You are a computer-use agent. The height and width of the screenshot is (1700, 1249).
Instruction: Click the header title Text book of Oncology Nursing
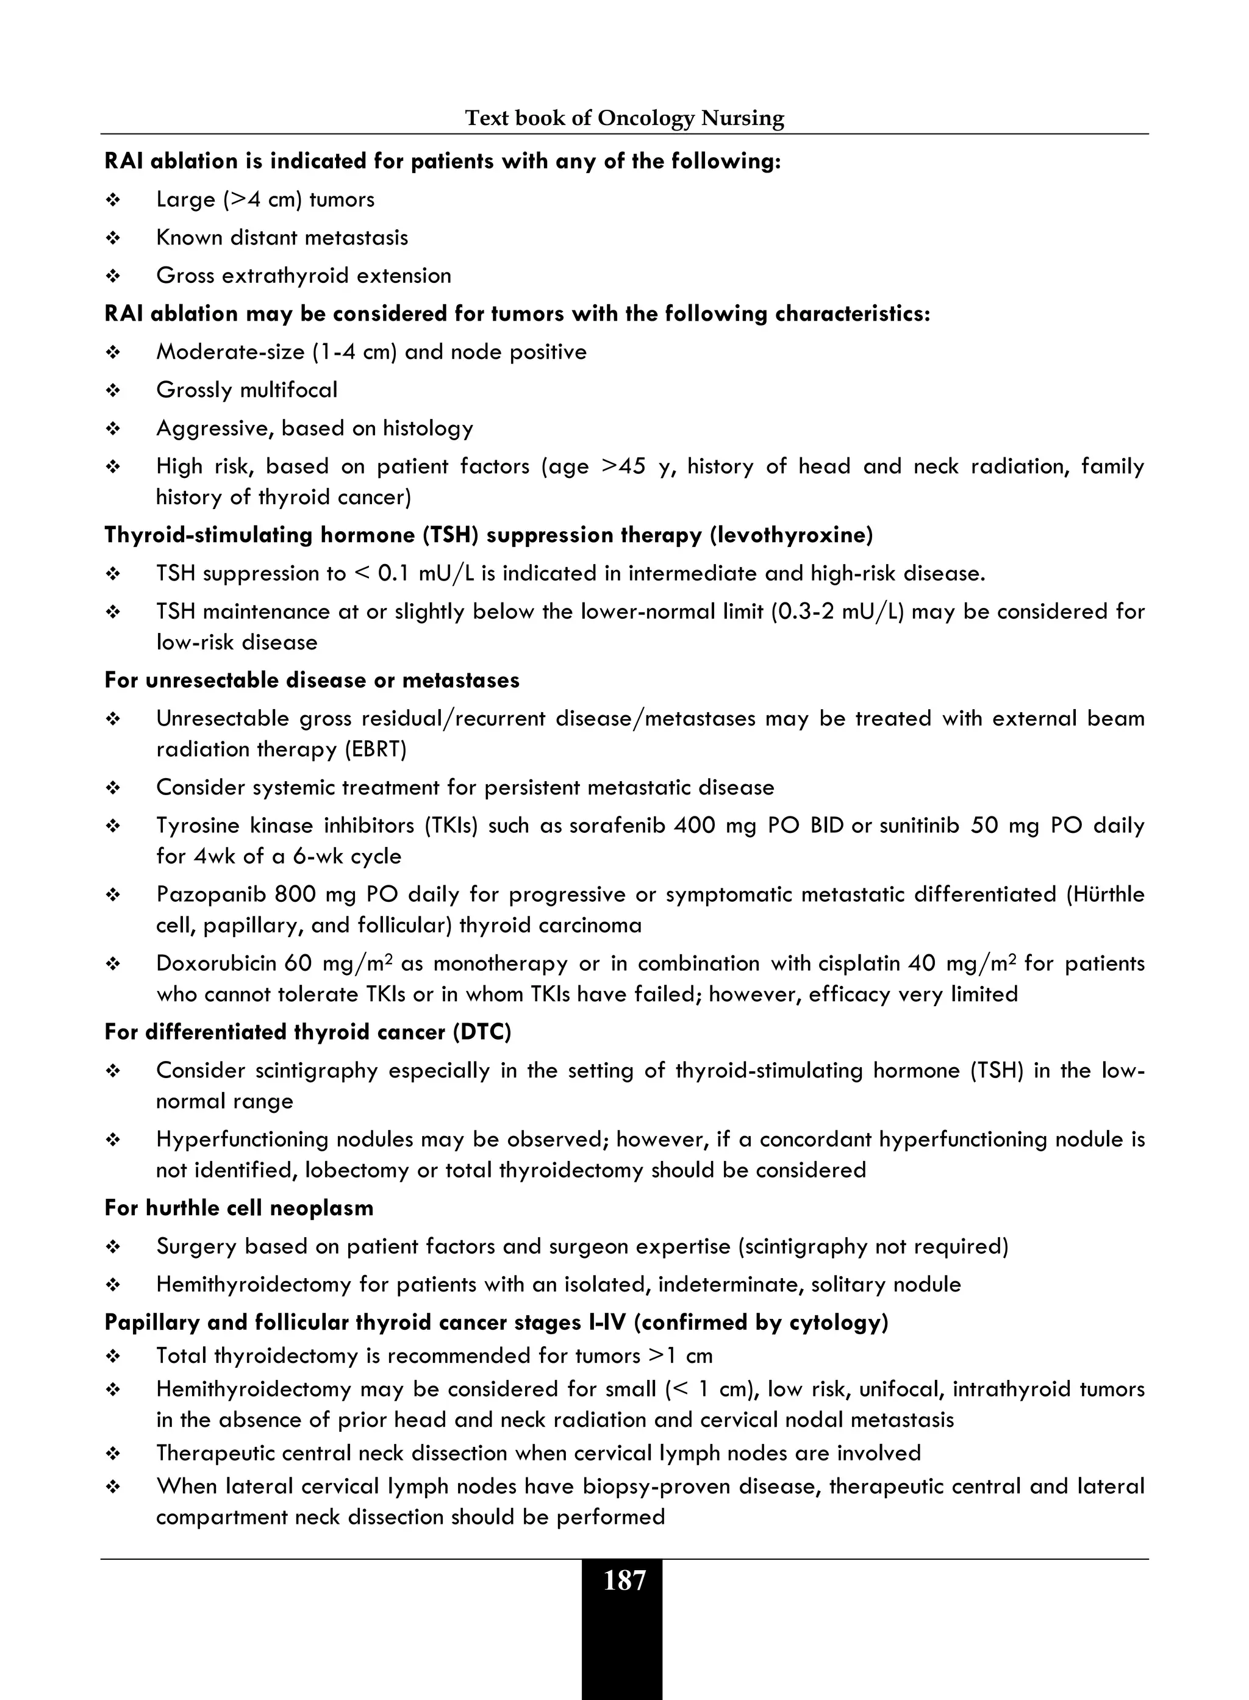tap(624, 118)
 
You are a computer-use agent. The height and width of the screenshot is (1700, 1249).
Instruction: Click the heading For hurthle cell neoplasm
tap(239, 1208)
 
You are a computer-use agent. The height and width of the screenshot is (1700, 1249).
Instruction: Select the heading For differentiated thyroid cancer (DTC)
tap(308, 1032)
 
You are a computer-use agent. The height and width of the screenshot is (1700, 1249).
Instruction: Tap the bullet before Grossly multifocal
tap(113, 391)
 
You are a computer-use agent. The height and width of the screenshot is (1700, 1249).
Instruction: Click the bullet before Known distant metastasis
tap(113, 238)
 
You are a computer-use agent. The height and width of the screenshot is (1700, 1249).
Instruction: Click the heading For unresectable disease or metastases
tap(312, 680)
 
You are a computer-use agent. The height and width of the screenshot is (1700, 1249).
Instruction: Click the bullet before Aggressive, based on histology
tap(113, 429)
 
